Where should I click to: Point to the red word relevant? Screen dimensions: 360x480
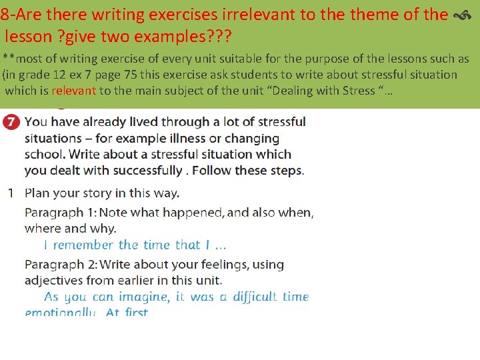(x=73, y=91)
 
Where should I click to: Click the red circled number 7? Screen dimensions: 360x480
(x=10, y=123)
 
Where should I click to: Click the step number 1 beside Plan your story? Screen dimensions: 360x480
(x=11, y=193)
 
